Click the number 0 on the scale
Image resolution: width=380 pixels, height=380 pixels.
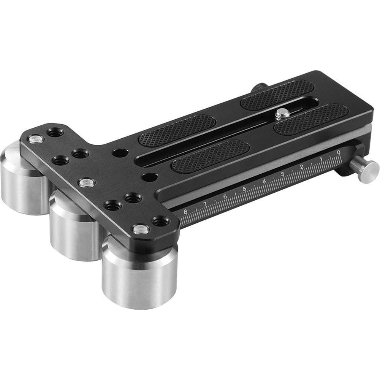[x=339, y=153]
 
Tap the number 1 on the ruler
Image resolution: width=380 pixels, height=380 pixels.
[x=321, y=159]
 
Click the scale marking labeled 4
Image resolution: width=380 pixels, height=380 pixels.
[x=264, y=181]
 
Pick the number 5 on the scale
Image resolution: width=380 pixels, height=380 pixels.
[x=245, y=189]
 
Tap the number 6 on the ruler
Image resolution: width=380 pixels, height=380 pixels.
[x=225, y=196]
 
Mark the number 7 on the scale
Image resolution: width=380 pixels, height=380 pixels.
[x=205, y=204]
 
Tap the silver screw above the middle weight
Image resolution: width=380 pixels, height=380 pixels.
[x=86, y=182]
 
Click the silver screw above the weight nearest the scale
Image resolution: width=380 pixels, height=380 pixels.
[x=141, y=229]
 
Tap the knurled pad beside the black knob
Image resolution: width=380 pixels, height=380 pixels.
[x=277, y=95]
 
